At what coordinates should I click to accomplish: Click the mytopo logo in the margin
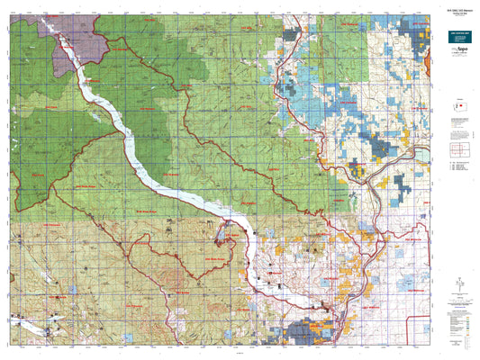(457, 64)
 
